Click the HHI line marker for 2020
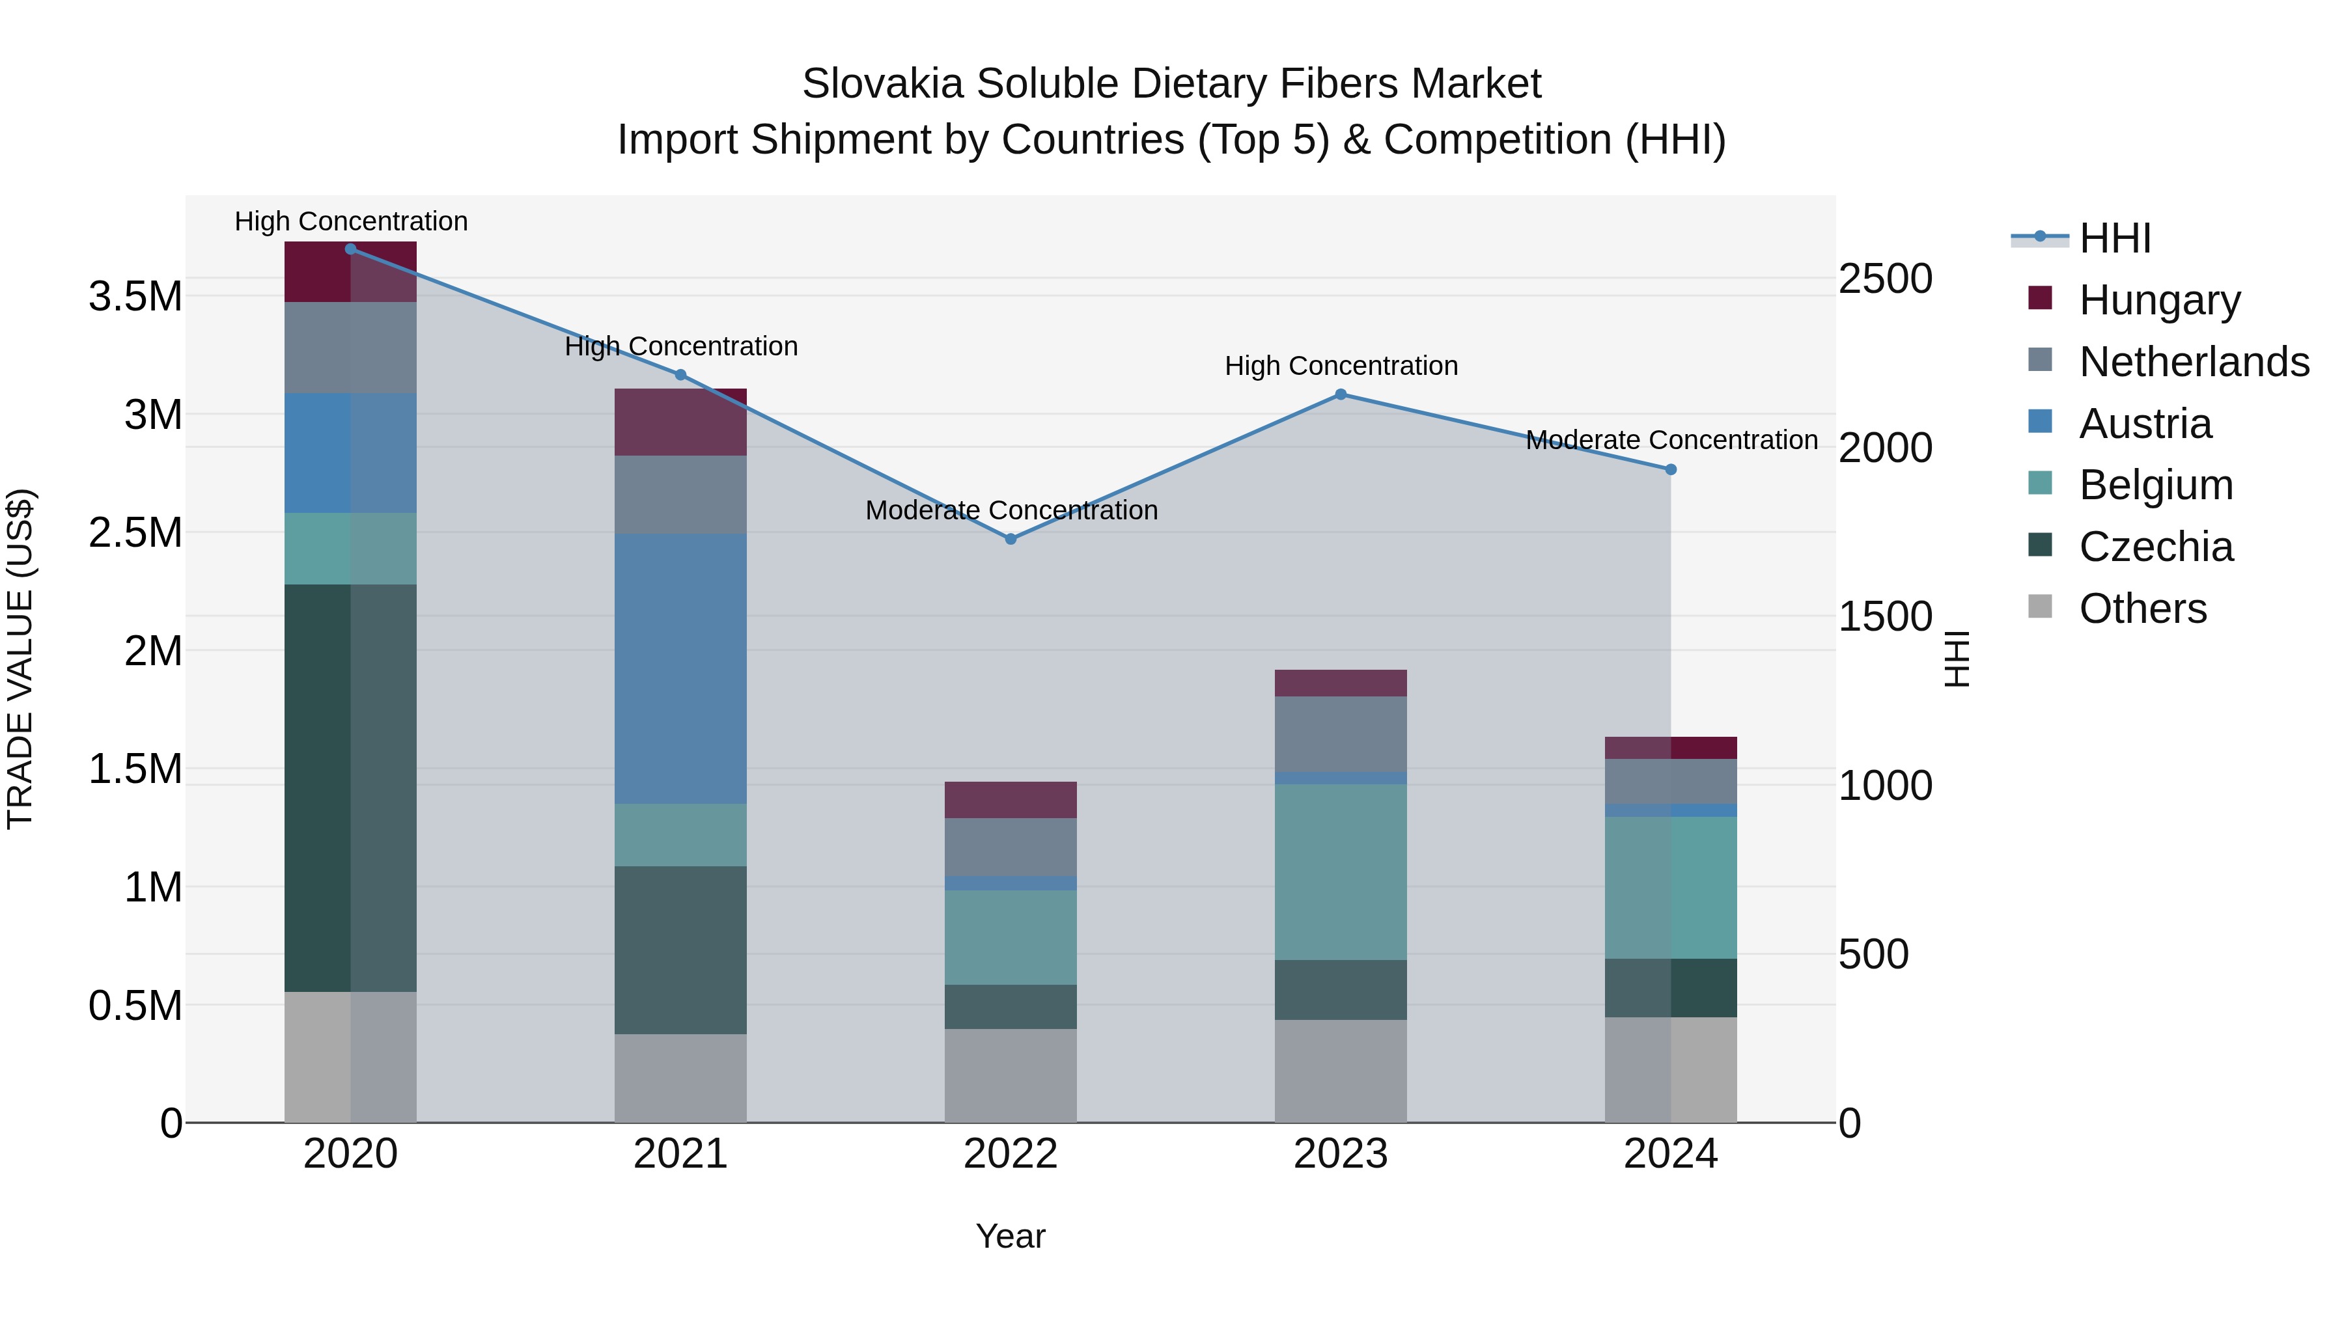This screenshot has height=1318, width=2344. click(350, 249)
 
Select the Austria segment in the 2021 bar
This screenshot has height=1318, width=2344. click(680, 668)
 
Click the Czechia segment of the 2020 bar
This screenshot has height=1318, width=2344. click(350, 788)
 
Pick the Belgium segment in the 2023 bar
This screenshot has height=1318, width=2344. click(1341, 872)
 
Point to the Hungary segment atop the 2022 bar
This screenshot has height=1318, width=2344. click(1010, 799)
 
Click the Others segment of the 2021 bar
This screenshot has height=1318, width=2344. click(680, 1078)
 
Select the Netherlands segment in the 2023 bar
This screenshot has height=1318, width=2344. click(1341, 734)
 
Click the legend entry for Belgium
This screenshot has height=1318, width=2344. click(2155, 485)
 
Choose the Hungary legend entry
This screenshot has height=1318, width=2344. click(2158, 300)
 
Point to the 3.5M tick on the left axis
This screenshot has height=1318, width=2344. click(135, 297)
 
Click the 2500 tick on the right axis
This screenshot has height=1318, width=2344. click(1884, 279)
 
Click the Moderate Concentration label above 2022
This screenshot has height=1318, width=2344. click(1011, 510)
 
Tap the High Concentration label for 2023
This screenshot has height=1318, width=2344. click(1341, 366)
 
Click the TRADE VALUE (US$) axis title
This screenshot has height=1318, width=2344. click(21, 659)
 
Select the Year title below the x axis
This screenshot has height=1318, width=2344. click(1010, 1236)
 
